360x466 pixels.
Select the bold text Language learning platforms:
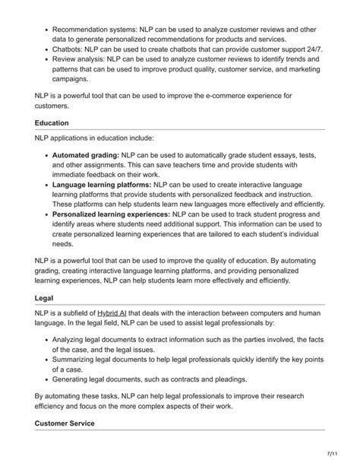pyautogui.click(x=102, y=184)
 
